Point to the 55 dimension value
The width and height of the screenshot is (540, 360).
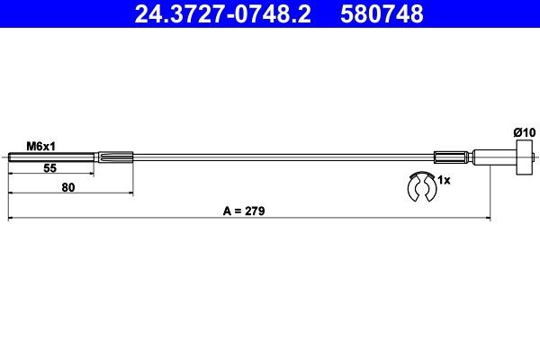[x=50, y=168]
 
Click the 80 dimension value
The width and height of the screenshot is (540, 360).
[x=68, y=187]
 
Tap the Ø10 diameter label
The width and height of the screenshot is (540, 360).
[x=524, y=132]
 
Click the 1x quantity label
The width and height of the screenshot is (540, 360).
[x=443, y=180]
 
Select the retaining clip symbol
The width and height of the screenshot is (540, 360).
[x=420, y=191]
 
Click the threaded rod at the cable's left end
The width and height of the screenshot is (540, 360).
[x=50, y=159]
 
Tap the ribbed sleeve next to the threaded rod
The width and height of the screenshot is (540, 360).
[x=114, y=159]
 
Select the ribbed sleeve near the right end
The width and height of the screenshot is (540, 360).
[x=453, y=159]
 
